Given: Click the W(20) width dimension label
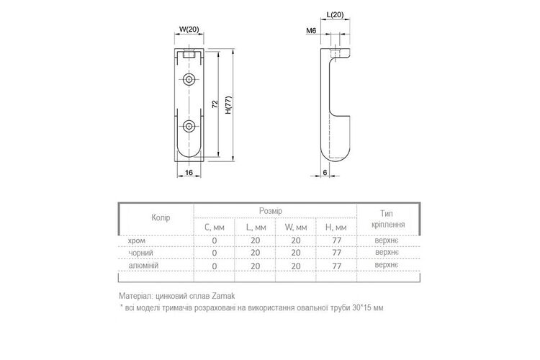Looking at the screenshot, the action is pos(189,30).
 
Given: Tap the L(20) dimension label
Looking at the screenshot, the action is pos(335,15).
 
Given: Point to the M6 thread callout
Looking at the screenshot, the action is pos(311,31).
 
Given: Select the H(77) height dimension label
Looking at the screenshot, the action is pos(228,105).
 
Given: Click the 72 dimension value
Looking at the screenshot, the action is pos(215,104).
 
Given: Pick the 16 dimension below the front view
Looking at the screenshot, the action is pos(189,172).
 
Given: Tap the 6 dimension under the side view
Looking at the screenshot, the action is pos(325,172).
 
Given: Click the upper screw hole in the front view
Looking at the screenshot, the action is pos(189,80).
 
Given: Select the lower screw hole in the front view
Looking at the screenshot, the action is pos(189,127).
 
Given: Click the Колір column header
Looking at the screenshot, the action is pos(161,217).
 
